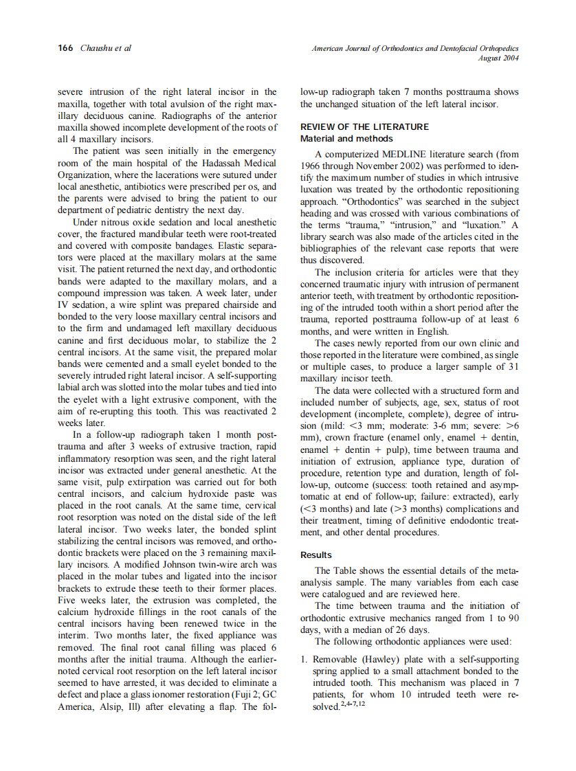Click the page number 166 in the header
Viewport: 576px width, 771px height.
(x=65, y=48)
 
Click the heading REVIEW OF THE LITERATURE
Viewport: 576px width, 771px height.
(x=364, y=127)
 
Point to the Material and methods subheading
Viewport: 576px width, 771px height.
(x=346, y=139)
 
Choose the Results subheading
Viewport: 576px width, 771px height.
(x=316, y=555)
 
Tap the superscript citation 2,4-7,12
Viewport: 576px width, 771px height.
(x=351, y=706)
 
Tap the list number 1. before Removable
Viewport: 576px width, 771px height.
(x=304, y=660)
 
